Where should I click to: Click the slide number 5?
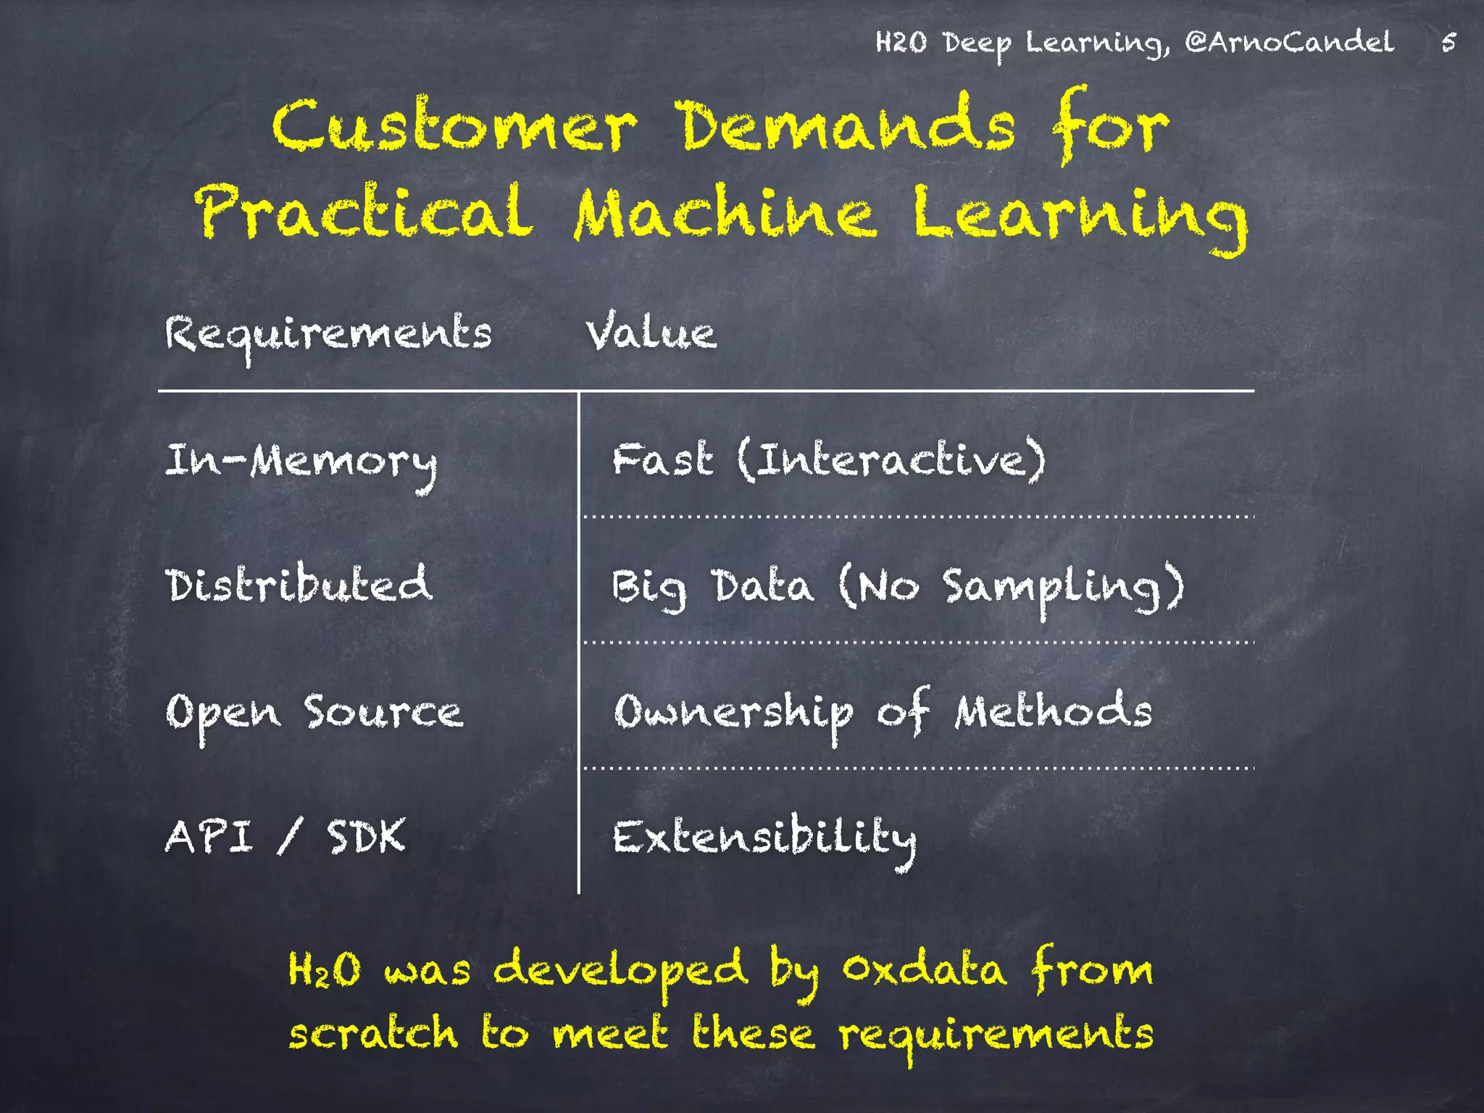coord(1448,42)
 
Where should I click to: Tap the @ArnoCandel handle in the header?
coord(1289,42)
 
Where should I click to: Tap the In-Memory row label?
coord(301,463)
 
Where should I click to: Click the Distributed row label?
coord(299,585)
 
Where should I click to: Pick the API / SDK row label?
coord(285,837)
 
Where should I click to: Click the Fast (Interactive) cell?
coord(829,460)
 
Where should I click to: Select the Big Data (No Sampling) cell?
coord(898,588)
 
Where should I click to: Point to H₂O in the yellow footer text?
coord(324,969)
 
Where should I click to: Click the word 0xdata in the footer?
coord(925,969)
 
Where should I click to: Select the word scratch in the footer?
coord(373,1033)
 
